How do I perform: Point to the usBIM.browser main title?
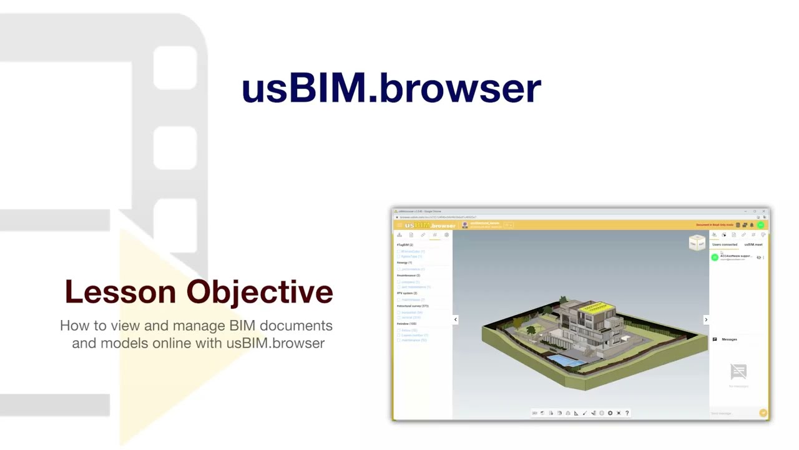click(x=391, y=88)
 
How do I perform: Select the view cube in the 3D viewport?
click(x=697, y=242)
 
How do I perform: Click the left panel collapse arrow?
click(x=455, y=319)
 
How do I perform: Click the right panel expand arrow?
click(x=706, y=319)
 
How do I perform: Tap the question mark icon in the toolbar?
click(x=627, y=413)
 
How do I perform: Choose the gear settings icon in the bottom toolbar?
click(x=610, y=413)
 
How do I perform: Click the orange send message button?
click(x=763, y=413)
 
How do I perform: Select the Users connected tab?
click(x=725, y=244)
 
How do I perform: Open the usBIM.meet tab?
click(x=753, y=244)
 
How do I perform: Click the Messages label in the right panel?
click(x=729, y=339)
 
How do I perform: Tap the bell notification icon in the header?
click(x=752, y=225)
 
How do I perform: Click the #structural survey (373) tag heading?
click(x=413, y=306)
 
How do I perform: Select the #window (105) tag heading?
click(x=406, y=324)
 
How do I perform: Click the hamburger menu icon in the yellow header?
click(x=399, y=225)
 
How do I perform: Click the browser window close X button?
click(x=763, y=211)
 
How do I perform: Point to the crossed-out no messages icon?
click(x=738, y=372)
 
